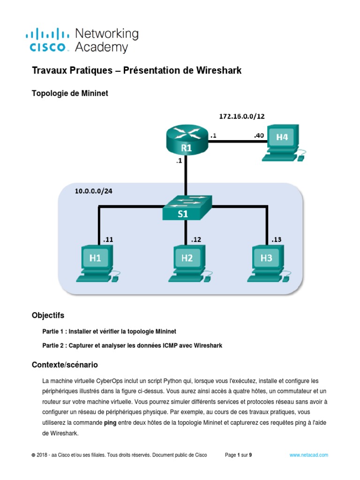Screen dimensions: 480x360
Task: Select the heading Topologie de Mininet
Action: click(70, 93)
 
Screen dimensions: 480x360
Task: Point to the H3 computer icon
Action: click(269, 262)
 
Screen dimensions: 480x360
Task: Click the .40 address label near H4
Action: click(259, 135)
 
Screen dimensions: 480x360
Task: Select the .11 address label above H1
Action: click(108, 239)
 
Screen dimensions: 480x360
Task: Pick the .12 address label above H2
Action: click(195, 239)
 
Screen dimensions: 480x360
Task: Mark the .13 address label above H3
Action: click(277, 239)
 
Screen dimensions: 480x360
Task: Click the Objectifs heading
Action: click(48, 315)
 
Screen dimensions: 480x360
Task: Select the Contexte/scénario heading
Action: click(65, 364)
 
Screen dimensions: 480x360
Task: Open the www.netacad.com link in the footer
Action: click(308, 455)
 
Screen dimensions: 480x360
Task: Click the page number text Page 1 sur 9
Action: click(239, 455)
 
